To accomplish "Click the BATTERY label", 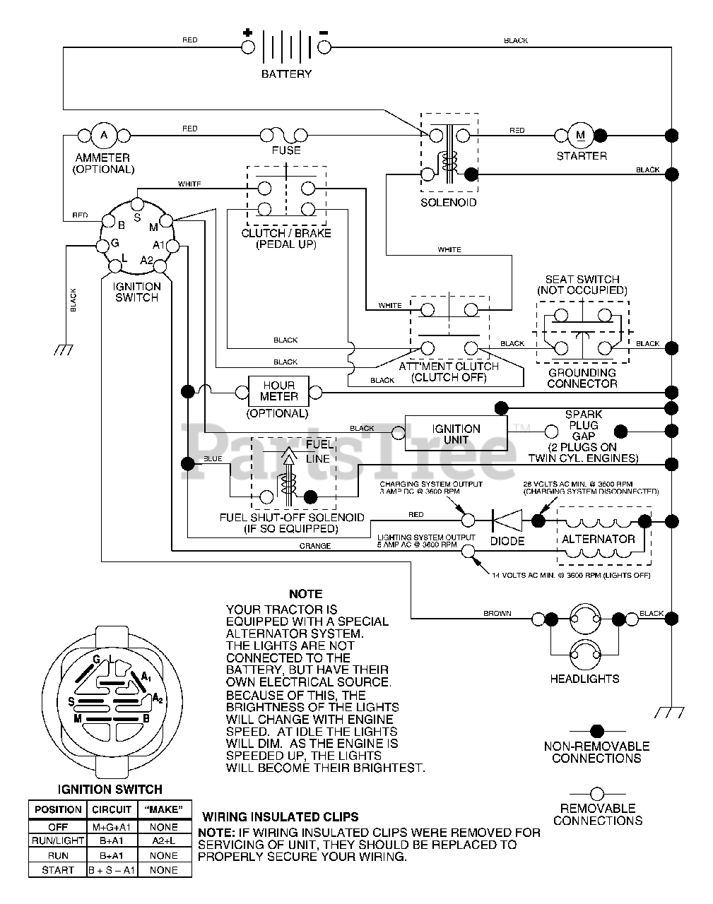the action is (x=286, y=74).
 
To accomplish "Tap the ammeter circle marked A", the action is (x=103, y=136).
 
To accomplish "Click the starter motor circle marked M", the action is (x=581, y=136).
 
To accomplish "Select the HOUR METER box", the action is (x=278, y=391).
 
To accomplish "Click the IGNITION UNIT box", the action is (x=456, y=434).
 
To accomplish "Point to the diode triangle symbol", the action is (x=507, y=521).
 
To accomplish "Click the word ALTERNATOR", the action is (x=599, y=539).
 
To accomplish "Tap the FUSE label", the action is (x=286, y=150).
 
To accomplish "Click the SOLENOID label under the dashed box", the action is (x=449, y=203).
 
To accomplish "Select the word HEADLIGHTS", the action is (x=585, y=679).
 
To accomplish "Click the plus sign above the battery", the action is (x=247, y=32).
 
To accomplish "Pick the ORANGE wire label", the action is (x=315, y=546).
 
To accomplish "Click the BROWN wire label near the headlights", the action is (x=497, y=613).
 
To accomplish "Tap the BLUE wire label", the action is (x=213, y=459).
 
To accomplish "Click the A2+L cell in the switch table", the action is (x=164, y=840).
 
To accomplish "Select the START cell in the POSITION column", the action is (x=58, y=870).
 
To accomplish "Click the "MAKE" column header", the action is (x=164, y=809).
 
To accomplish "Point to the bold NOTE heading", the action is (x=306, y=594).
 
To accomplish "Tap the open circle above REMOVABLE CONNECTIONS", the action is (x=597, y=794).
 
